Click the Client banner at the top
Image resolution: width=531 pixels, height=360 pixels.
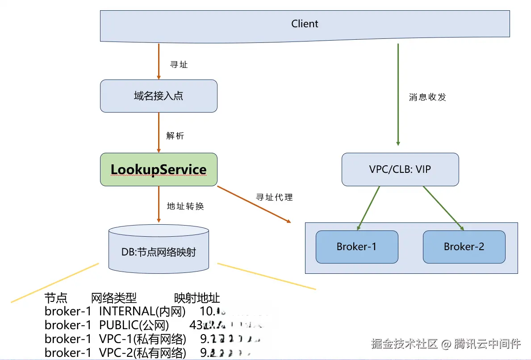coord(305,24)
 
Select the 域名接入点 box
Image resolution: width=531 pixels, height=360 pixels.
coord(159,96)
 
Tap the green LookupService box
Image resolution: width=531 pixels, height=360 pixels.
coord(159,169)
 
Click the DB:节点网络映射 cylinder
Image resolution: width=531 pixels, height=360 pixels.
coord(159,251)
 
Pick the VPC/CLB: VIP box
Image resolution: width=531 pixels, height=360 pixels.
coord(400,169)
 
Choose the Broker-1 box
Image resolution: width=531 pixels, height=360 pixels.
coord(356,247)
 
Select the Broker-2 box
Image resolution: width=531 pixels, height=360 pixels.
coord(464,247)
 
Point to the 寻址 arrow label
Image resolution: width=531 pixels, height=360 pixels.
coord(179,65)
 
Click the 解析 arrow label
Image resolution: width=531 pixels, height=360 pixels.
coord(175,136)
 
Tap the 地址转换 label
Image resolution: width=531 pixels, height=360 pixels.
coord(185,206)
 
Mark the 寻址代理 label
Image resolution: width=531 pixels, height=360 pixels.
coord(274,197)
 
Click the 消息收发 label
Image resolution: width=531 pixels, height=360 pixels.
coord(427,97)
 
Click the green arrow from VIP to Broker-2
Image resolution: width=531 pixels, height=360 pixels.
coord(443,208)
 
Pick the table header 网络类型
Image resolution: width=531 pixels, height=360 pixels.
coord(114,298)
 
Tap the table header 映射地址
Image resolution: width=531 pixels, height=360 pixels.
coord(197,298)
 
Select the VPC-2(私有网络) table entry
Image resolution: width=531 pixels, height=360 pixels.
coord(142,352)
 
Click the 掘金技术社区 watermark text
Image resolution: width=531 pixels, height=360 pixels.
coord(404,344)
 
